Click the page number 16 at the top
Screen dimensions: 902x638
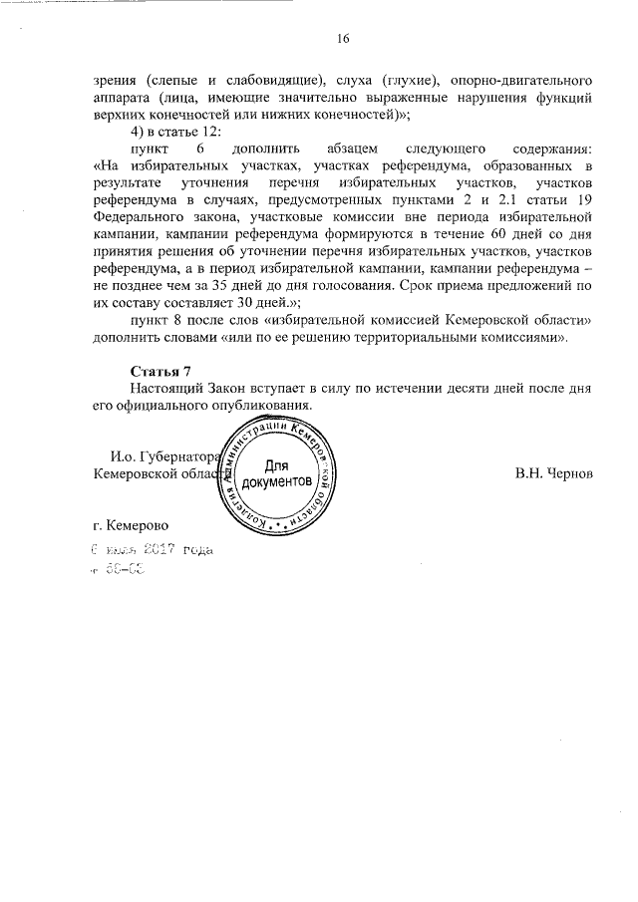click(x=343, y=39)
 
